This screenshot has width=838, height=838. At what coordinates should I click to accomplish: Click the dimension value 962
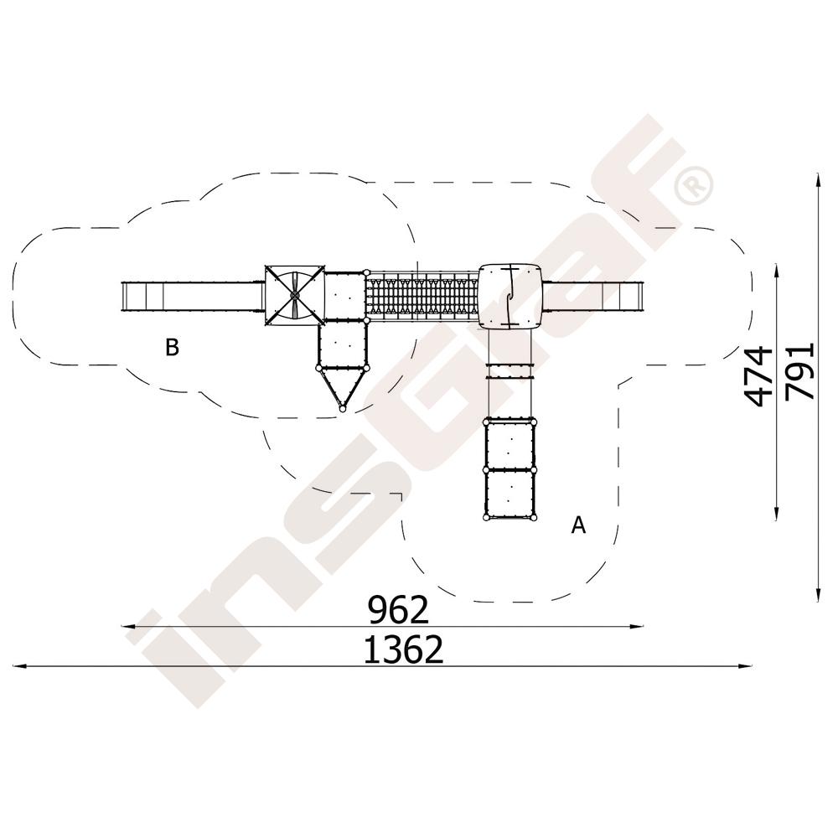[399, 610]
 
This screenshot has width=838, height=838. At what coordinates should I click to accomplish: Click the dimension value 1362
[404, 650]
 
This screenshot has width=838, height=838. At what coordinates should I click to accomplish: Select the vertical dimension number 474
[758, 376]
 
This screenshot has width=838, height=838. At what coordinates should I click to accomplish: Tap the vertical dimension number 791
[800, 371]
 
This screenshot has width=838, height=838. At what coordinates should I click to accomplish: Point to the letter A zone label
[578, 525]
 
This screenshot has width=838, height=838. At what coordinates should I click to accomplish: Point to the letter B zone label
[172, 348]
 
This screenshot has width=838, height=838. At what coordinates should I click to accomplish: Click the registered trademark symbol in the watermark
[693, 185]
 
